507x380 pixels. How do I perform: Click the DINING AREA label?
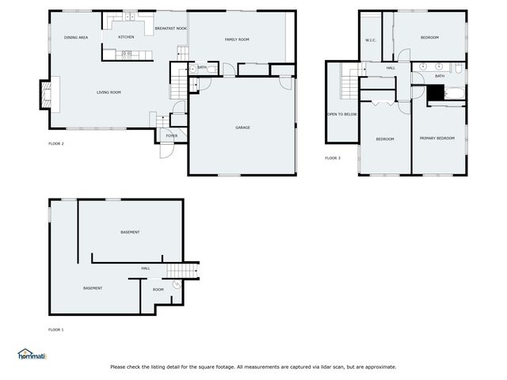point(76,38)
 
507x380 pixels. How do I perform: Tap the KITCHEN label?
point(126,37)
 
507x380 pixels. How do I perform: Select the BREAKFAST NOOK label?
point(170,28)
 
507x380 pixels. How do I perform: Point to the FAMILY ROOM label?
point(237,39)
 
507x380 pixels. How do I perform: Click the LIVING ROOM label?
point(109,93)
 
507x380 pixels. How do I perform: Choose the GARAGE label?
point(242,127)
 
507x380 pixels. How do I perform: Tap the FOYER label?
point(172,136)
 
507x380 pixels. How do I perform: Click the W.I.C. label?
point(370,40)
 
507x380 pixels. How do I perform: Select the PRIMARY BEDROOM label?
point(437,139)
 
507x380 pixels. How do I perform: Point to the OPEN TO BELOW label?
point(342,114)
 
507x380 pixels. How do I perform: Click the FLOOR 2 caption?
point(55,143)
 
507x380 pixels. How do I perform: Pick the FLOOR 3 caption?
point(333,158)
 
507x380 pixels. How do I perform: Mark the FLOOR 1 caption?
point(55,329)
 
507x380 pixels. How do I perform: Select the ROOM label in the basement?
point(158,290)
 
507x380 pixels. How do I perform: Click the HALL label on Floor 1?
point(146,268)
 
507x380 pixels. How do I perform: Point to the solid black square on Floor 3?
point(435,91)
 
